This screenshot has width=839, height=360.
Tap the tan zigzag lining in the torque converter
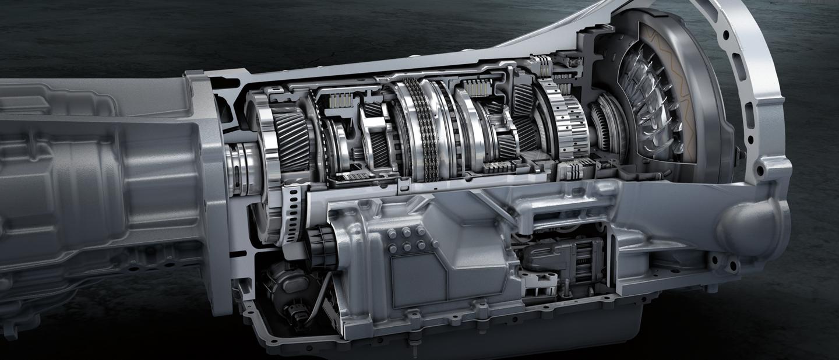pyautogui.click(x=670, y=82)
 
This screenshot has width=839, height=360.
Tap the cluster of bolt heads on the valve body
pyautogui.click(x=406, y=239)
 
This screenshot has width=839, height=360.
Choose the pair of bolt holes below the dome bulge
pyautogui.click(x=725, y=265)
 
